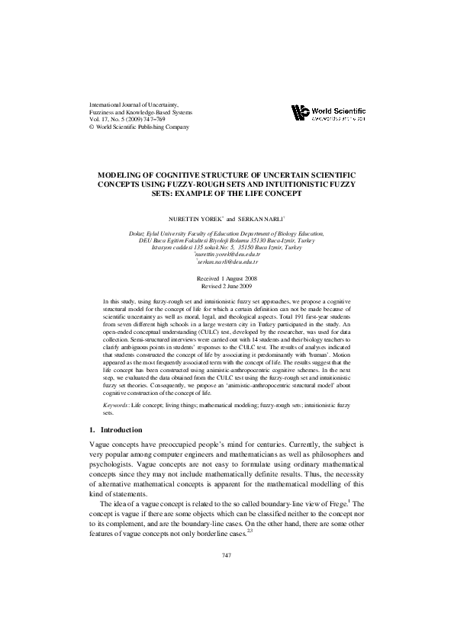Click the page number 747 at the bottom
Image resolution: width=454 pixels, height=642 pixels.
227,554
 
